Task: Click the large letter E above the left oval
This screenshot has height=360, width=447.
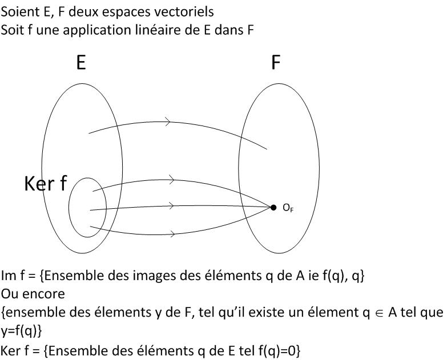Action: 81,62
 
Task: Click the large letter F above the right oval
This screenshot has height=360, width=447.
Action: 276,62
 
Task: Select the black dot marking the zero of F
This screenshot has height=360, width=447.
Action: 273,207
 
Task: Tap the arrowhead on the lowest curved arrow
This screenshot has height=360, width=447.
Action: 170,233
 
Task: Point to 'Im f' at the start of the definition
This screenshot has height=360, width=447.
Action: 13,276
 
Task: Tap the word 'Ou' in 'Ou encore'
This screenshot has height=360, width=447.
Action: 9,294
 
